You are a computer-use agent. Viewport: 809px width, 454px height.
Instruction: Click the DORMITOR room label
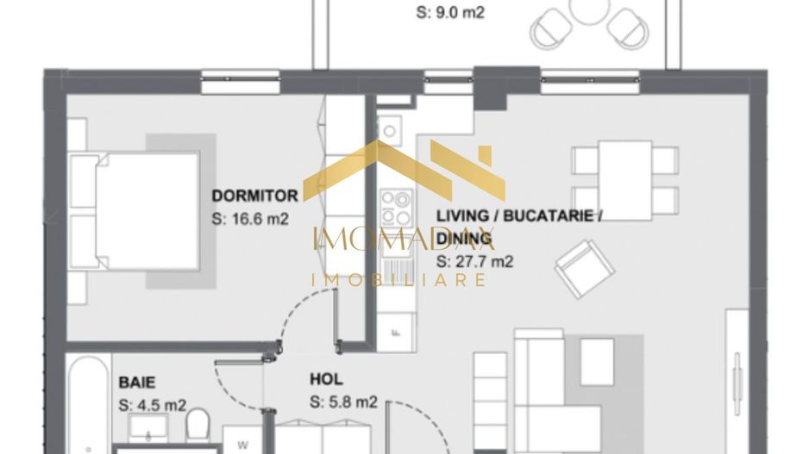(254, 196)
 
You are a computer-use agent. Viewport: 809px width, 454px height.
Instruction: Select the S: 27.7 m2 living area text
(474, 260)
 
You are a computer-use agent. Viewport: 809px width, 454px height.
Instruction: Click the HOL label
(326, 379)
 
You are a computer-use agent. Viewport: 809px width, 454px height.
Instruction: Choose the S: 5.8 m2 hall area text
(343, 401)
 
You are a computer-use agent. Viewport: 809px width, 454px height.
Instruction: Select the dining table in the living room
(624, 180)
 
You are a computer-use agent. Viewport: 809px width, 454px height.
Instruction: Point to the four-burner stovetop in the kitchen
(397, 207)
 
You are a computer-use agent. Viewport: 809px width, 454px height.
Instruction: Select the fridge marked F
(396, 332)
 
